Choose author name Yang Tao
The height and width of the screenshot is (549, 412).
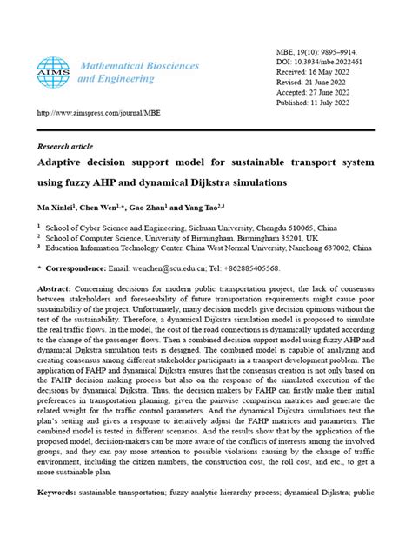coord(196,208)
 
